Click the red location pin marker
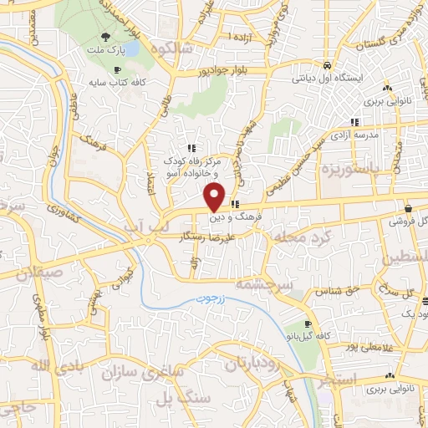tap(215, 196)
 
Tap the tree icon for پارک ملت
tap(105, 37)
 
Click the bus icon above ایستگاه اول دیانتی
tap(328, 66)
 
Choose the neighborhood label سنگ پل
tap(187, 398)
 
